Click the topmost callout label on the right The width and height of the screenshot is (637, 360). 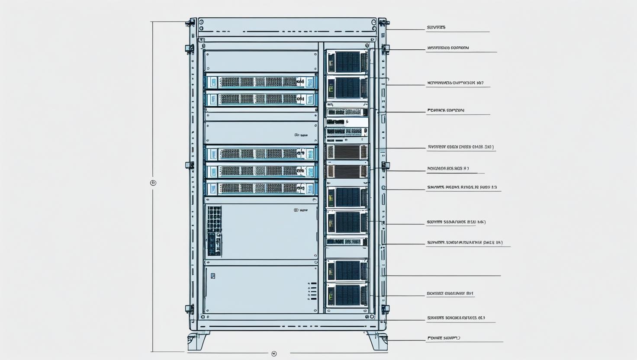[436, 28]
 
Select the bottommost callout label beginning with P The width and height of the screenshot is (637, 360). [444, 338]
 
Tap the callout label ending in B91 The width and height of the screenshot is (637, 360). [450, 293]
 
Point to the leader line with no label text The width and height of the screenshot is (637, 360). [441, 275]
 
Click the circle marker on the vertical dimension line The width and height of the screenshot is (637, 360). [153, 183]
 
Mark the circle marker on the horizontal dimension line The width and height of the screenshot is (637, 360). [273, 354]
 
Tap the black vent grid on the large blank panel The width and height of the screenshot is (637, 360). [214, 230]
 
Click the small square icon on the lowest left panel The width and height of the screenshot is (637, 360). [212, 276]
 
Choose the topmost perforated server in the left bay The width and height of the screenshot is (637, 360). [261, 82]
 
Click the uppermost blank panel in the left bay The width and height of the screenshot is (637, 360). [261, 61]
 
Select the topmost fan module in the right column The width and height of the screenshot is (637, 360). [347, 61]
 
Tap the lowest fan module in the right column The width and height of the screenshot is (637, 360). [347, 295]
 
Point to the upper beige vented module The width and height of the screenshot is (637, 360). [347, 152]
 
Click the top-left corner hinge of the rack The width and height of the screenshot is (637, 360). [190, 23]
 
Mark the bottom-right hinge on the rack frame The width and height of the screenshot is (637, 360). [385, 309]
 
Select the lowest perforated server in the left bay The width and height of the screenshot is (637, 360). [261, 188]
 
